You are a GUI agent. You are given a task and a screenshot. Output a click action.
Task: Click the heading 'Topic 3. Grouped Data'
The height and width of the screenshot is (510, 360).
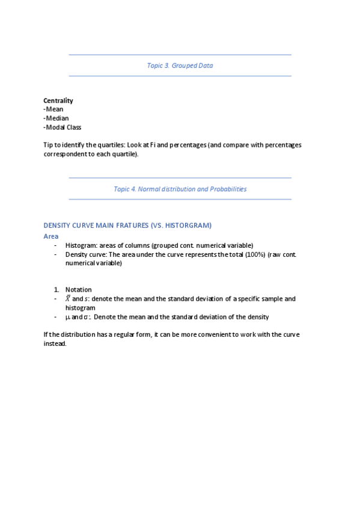click(x=180, y=66)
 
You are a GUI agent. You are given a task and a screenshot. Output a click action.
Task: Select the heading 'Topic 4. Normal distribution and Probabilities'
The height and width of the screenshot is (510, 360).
click(x=180, y=189)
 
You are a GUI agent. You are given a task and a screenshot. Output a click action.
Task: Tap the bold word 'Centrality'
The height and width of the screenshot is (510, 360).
click(x=58, y=100)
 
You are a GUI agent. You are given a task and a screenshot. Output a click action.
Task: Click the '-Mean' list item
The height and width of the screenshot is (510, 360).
click(x=53, y=109)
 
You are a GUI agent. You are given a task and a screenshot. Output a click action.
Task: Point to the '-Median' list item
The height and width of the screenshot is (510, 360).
click(x=56, y=118)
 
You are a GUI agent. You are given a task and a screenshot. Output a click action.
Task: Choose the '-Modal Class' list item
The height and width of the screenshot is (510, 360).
click(x=63, y=127)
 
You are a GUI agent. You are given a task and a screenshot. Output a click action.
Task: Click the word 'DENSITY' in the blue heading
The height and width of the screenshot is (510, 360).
click(x=58, y=226)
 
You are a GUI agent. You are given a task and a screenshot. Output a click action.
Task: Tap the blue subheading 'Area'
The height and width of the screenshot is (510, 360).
click(x=51, y=236)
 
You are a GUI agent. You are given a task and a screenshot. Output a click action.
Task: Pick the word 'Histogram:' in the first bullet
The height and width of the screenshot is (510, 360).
click(x=81, y=245)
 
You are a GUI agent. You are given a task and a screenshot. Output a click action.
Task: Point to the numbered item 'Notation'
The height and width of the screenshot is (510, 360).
click(x=79, y=290)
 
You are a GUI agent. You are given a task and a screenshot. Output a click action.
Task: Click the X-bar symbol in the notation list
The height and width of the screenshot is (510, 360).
click(x=68, y=298)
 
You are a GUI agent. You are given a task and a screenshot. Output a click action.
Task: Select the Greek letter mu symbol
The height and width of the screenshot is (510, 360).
click(x=67, y=317)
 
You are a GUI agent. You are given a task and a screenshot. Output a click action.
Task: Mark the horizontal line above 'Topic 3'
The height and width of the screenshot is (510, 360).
click(x=180, y=55)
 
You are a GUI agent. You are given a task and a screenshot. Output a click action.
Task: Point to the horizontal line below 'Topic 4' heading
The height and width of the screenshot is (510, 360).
click(x=180, y=199)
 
